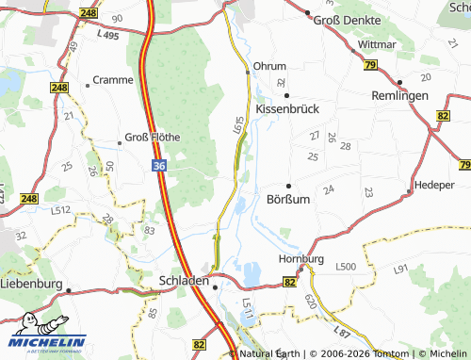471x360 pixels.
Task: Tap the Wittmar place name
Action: click(x=378, y=44)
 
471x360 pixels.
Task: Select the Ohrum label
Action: click(x=270, y=67)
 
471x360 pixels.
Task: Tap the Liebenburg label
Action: click(x=31, y=283)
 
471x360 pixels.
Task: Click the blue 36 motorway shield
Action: click(x=159, y=165)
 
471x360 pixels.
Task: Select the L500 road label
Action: click(x=346, y=268)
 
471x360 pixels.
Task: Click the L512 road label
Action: click(x=60, y=209)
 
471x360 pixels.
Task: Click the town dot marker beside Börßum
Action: click(x=288, y=185)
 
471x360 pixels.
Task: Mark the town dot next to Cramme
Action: click(x=88, y=85)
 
